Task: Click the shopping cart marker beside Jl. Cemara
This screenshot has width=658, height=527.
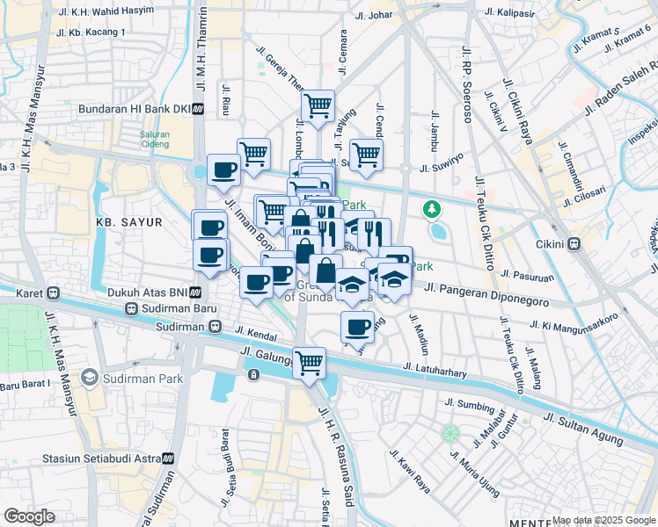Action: pyautogui.click(x=317, y=107)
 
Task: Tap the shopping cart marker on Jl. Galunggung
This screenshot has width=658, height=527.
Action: pyautogui.click(x=309, y=362)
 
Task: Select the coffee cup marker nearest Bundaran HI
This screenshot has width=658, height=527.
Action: pyautogui.click(x=223, y=169)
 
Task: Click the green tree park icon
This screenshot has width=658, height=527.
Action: pyautogui.click(x=431, y=209)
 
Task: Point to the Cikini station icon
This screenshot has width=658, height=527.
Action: pyautogui.click(x=575, y=244)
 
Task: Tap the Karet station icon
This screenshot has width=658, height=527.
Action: pyautogui.click(x=54, y=292)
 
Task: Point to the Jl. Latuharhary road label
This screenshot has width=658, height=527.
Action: pyautogui.click(x=435, y=372)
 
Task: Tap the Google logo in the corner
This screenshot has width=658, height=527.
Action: pyautogui.click(x=29, y=516)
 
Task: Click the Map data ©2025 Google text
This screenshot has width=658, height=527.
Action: pyautogui.click(x=603, y=520)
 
